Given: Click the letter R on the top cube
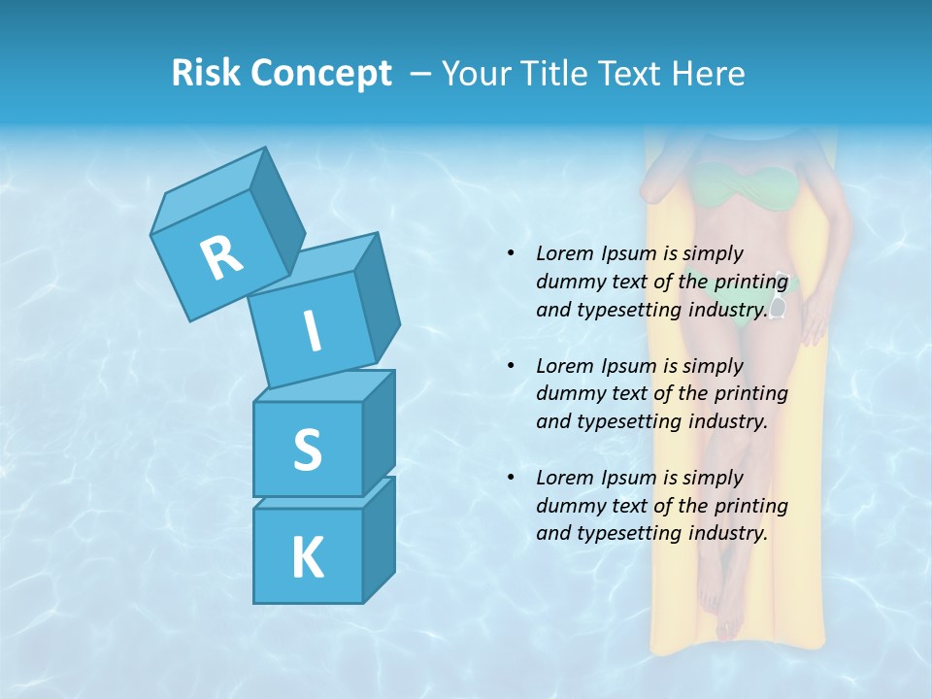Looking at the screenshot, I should pyautogui.click(x=221, y=257).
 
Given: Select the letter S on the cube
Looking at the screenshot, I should pyautogui.click(x=307, y=450).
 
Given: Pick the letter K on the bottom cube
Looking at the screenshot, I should pyautogui.click(x=307, y=558).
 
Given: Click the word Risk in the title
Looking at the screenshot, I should pyautogui.click(x=206, y=73).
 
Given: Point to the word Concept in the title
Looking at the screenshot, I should pyautogui.click(x=320, y=73).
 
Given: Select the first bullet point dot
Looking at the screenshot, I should pyautogui.click(x=511, y=253).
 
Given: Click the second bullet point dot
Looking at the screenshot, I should pyautogui.click(x=511, y=366).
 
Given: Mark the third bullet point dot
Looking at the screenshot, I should pyautogui.click(x=511, y=478).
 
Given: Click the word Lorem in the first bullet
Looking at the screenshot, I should pyautogui.click(x=564, y=253).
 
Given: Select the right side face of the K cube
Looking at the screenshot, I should pyautogui.click(x=379, y=539).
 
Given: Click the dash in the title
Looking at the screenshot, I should pyautogui.click(x=421, y=73).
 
